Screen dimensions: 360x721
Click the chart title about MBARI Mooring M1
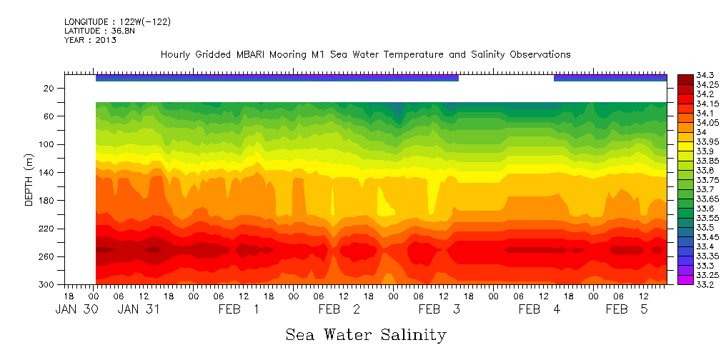click(365, 54)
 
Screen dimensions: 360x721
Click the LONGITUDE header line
click(117, 22)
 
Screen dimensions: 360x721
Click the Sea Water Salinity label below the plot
click(366, 334)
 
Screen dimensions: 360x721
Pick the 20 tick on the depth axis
click(50, 88)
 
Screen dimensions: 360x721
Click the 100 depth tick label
click(47, 144)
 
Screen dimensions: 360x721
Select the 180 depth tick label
click(47, 200)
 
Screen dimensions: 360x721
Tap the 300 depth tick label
click(47, 284)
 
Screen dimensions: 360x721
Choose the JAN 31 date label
click(138, 309)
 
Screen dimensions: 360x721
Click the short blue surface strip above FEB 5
click(610, 77)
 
